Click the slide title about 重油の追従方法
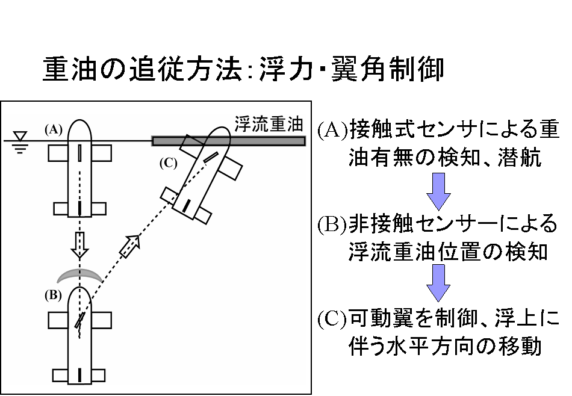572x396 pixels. pyautogui.click(x=243, y=70)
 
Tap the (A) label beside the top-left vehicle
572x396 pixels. pyautogui.click(x=53, y=129)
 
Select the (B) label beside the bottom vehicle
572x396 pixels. pyautogui.click(x=53, y=295)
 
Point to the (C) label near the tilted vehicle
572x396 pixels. pyautogui.click(x=168, y=162)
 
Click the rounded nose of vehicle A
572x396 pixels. pyautogui.click(x=79, y=129)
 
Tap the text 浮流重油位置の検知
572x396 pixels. pyautogui.click(x=448, y=252)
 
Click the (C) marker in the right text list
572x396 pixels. pyautogui.click(x=332, y=317)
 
